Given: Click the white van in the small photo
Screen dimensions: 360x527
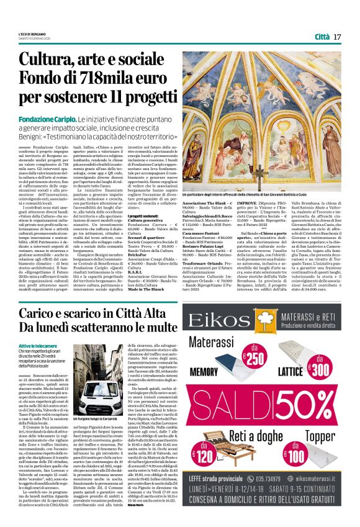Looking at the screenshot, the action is coord(97,385).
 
